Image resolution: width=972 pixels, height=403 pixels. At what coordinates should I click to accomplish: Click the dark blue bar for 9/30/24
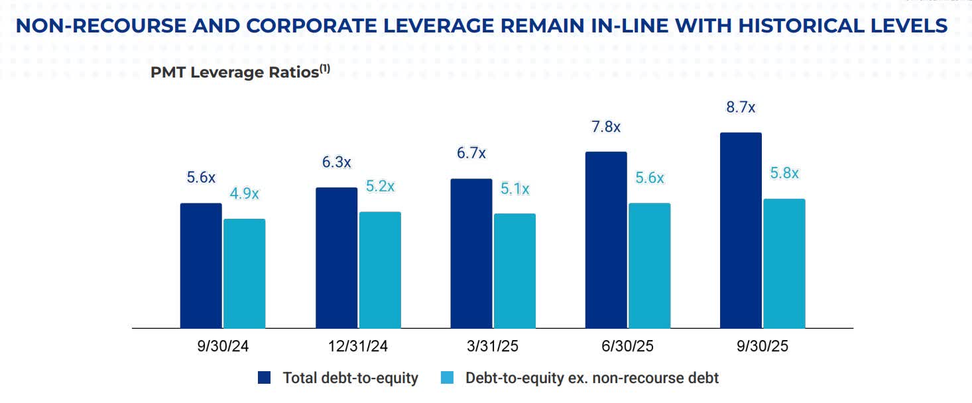[201, 265]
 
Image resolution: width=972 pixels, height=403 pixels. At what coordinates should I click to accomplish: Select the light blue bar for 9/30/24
[244, 273]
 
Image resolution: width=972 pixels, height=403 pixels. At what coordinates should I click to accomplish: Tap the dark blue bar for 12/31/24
[336, 257]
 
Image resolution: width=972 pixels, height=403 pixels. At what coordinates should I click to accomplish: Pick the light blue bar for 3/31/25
[515, 270]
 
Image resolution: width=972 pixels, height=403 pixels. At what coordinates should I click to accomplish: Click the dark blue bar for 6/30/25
[606, 239]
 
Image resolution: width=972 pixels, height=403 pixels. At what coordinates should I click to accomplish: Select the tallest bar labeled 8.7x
[741, 230]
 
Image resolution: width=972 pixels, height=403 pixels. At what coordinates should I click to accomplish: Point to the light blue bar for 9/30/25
[784, 263]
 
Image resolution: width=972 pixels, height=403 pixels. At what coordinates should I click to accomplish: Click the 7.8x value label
[605, 127]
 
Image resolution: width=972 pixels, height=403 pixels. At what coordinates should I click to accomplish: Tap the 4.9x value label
[244, 194]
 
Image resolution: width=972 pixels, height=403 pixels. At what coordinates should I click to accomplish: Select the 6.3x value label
[336, 162]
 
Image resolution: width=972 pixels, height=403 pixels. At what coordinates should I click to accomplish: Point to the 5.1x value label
[515, 189]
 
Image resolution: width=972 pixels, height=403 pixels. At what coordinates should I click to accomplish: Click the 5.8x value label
[784, 174]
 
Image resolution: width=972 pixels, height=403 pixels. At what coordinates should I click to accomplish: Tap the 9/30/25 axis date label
[762, 347]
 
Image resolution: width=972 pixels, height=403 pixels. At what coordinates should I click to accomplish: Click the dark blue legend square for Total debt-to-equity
[265, 378]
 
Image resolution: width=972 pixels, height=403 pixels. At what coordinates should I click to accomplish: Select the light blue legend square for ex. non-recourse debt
[447, 378]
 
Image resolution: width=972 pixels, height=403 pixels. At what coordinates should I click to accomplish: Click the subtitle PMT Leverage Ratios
[235, 72]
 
